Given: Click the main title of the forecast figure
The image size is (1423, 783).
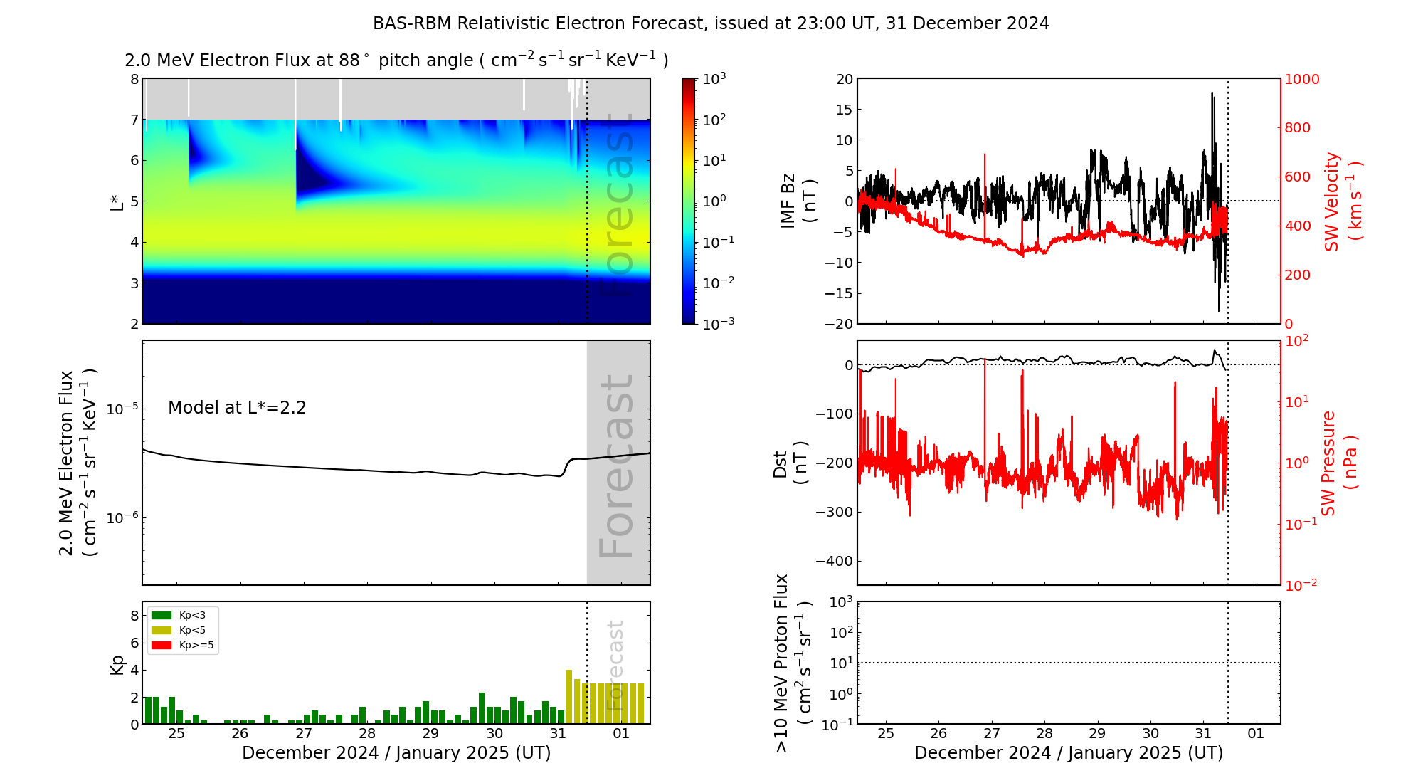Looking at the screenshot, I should pyautogui.click(x=711, y=23).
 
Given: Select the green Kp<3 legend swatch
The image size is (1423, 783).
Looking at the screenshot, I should pyautogui.click(x=162, y=615).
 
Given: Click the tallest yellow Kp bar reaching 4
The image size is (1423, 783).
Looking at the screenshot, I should pyautogui.click(x=569, y=696).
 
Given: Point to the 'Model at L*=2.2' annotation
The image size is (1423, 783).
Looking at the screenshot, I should pyautogui.click(x=237, y=408).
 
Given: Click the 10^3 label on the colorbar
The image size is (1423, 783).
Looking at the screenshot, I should pyautogui.click(x=714, y=78).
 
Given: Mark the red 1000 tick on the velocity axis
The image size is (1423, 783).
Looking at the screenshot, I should pyautogui.click(x=1301, y=79).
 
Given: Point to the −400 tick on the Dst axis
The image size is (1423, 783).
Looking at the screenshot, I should pyautogui.click(x=834, y=561).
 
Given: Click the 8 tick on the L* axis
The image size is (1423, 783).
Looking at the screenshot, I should pyautogui.click(x=134, y=79).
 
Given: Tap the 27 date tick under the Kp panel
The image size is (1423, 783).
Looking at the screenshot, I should pyautogui.click(x=304, y=733).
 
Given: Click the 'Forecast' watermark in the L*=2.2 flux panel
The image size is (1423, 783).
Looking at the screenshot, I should pyautogui.click(x=616, y=466).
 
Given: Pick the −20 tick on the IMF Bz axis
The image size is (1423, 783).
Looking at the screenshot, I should pyautogui.click(x=839, y=324).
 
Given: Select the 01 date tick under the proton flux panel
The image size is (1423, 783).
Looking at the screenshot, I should pyautogui.click(x=1256, y=733).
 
